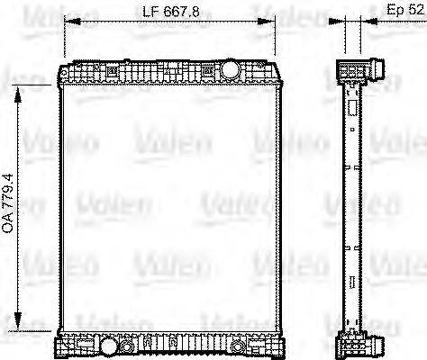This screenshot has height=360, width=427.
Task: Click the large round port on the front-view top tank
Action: pos(229,69)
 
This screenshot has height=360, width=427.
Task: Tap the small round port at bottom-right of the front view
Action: pos(238,346)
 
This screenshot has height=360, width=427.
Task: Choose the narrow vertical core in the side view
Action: pos(354,207)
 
